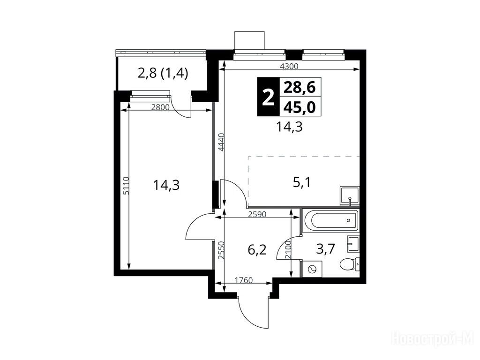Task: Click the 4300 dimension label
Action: point(289,66)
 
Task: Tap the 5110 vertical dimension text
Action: point(126,185)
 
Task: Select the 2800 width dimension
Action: point(160,107)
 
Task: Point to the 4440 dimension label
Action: point(222,142)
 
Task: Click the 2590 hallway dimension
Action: point(257,214)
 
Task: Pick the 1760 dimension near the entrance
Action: point(244,280)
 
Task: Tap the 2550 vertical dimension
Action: point(222,250)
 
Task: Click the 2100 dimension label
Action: point(288,250)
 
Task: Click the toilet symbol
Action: point(350,264)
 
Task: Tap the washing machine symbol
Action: point(312,269)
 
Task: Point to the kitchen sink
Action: point(349,196)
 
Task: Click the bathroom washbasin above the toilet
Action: point(353,244)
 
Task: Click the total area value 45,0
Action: point(300,107)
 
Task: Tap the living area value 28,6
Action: point(300,88)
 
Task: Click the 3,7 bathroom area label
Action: point(326,249)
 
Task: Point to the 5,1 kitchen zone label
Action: point(302,183)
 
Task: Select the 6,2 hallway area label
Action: point(257,250)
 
